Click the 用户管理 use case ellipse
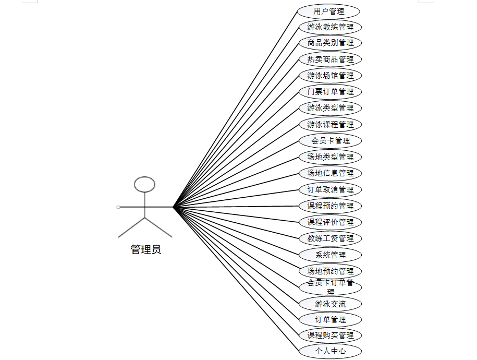point(329,11)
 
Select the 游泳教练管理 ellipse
point(330,27)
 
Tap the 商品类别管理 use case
point(330,43)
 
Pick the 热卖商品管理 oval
point(330,59)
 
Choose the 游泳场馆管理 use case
point(330,76)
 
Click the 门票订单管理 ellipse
point(330,92)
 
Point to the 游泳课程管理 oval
point(330,125)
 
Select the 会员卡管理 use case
point(330,141)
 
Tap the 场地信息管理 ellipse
point(330,173)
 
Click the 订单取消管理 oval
point(330,190)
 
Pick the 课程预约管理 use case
point(330,206)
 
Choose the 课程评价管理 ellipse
point(330,222)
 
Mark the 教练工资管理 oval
point(330,238)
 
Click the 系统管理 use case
point(330,255)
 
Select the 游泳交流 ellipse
point(330,304)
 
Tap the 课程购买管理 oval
point(330,335)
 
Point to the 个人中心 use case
point(330,351)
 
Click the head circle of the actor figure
point(144,184)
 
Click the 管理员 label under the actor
point(145,250)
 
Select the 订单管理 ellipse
point(330,320)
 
